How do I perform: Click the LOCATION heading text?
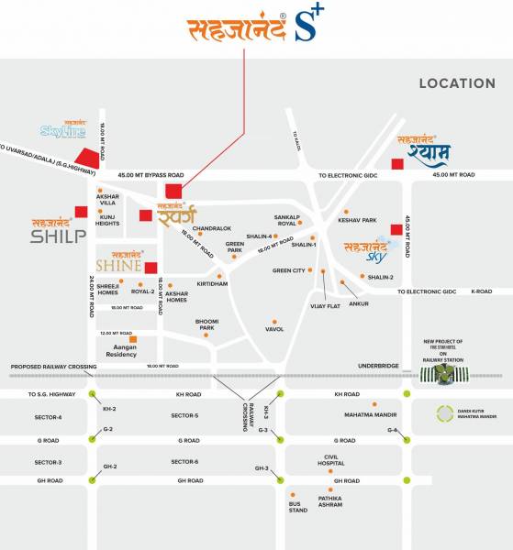[x=456, y=83]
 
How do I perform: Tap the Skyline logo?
[x=62, y=134]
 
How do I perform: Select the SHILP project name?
[x=58, y=235]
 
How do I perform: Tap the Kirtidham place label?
[x=212, y=284]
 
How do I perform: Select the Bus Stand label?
[x=297, y=507]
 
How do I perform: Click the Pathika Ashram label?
[x=330, y=502]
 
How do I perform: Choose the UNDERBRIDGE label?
[x=379, y=366]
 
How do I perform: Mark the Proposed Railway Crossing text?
[x=53, y=367]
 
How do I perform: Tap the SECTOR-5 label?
[x=184, y=416]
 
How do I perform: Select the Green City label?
[x=288, y=270]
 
